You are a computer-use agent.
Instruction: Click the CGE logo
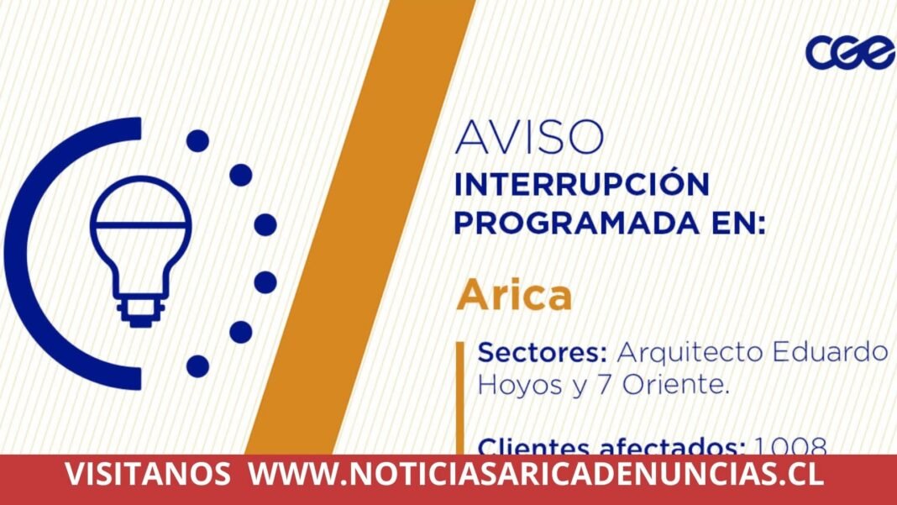(x=849, y=51)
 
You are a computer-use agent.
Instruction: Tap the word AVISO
(x=529, y=137)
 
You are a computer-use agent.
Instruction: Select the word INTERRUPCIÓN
(x=582, y=184)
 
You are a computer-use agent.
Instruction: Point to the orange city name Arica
(x=515, y=296)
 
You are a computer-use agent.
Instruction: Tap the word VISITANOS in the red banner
(x=148, y=475)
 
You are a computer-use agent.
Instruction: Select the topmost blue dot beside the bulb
(x=197, y=140)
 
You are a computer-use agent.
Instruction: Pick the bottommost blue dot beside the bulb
(x=197, y=366)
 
